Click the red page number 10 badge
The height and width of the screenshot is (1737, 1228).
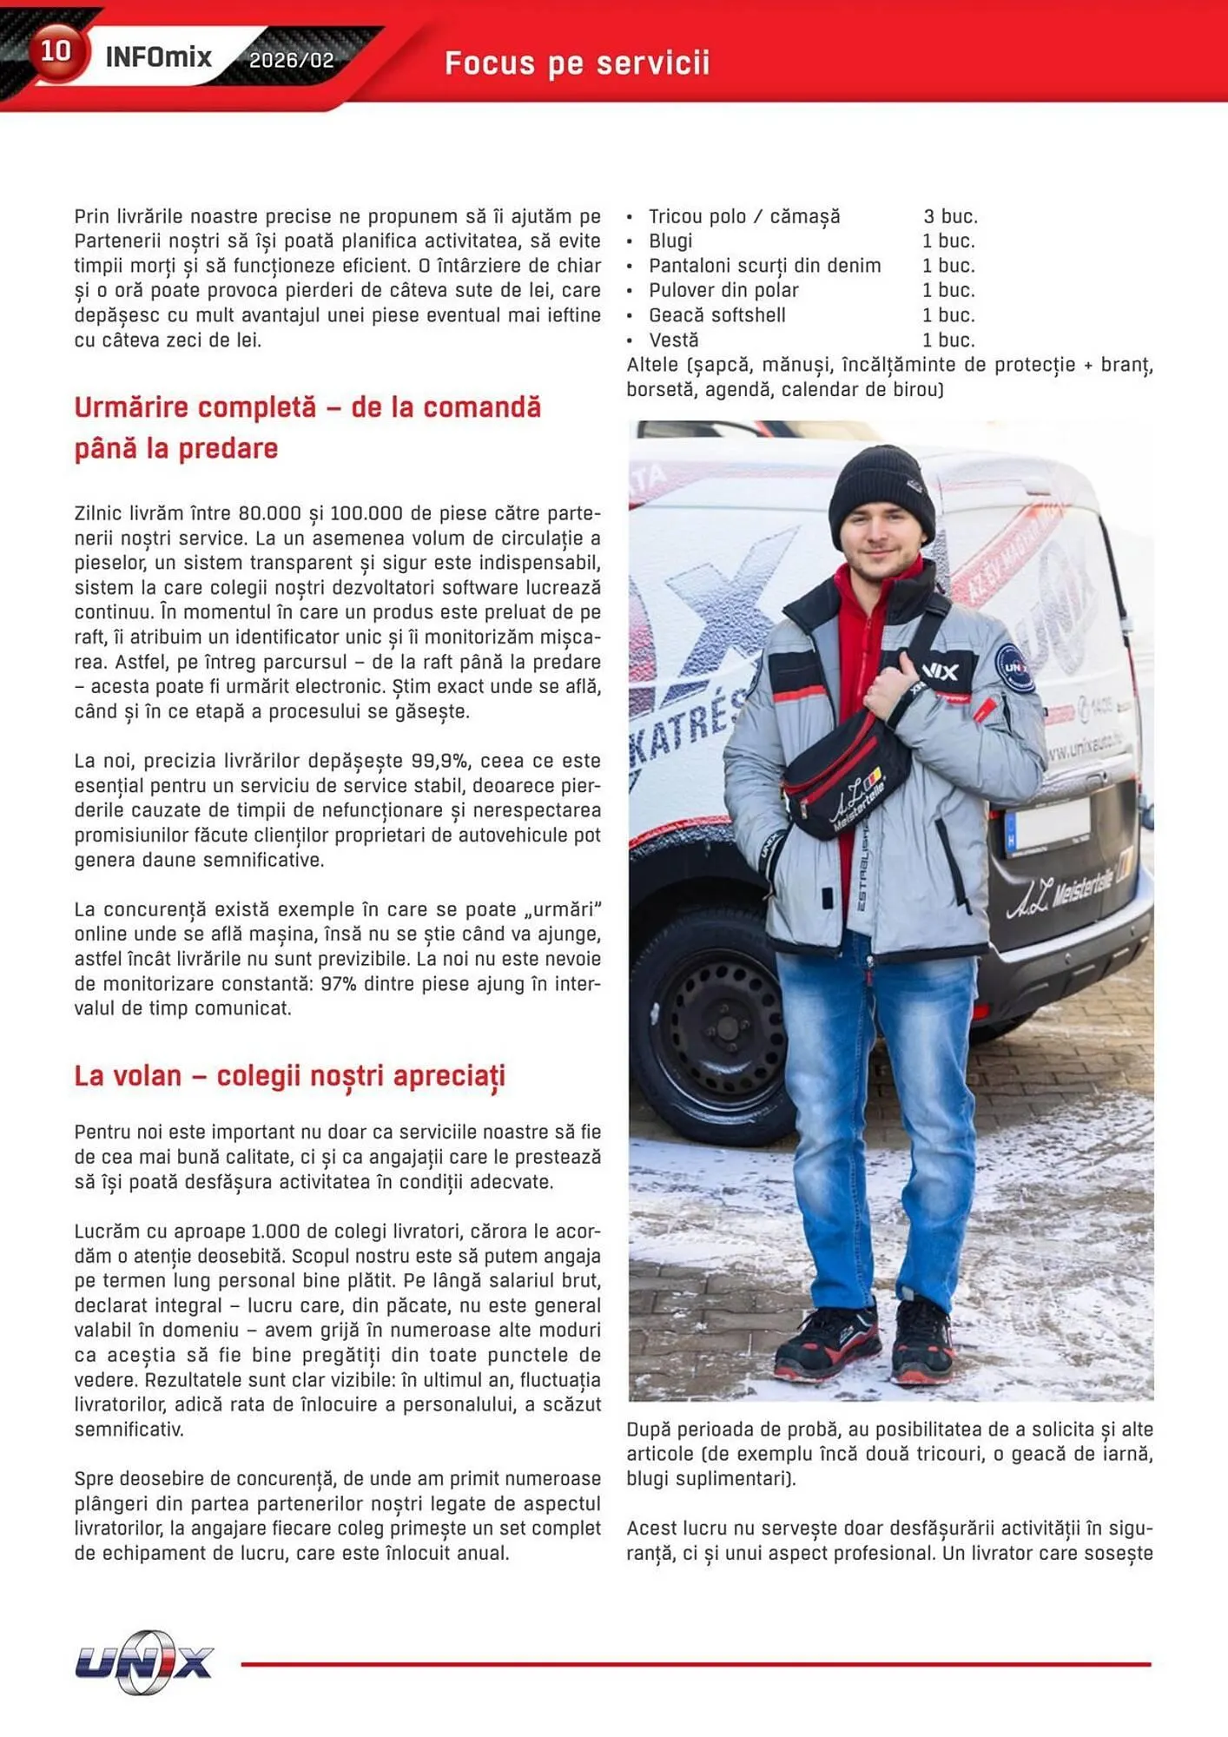point(56,51)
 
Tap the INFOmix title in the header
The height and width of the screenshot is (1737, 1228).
point(158,58)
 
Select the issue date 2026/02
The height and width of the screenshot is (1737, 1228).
point(291,61)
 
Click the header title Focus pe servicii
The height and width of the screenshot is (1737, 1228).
point(577,63)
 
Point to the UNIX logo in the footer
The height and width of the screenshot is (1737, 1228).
point(143,1661)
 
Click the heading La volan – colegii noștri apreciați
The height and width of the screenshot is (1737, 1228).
point(289,1075)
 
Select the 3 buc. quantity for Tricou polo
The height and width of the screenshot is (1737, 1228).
point(950,216)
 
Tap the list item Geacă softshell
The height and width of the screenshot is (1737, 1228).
point(716,315)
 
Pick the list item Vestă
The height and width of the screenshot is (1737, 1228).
point(673,340)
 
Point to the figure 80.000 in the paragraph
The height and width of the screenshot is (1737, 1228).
point(269,513)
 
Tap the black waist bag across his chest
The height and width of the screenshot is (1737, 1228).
point(847,777)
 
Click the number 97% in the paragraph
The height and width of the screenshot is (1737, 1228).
point(339,984)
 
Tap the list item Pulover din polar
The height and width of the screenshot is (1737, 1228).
point(723,290)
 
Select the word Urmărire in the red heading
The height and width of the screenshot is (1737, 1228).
point(130,407)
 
